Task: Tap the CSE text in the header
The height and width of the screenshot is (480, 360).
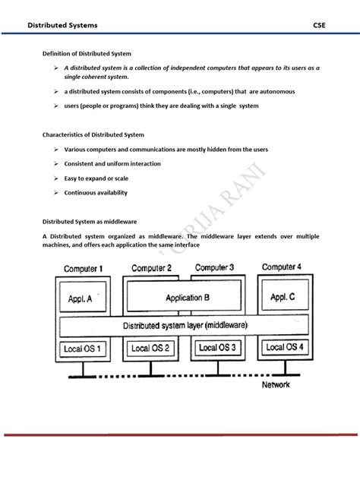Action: coord(319,25)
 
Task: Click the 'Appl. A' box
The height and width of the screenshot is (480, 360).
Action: coord(80,299)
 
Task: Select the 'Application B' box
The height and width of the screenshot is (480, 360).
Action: coord(182,298)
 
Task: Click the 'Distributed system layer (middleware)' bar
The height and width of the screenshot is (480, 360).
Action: coord(185,325)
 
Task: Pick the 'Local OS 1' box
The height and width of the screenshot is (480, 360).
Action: coord(81,349)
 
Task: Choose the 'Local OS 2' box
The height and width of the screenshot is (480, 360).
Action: coord(151,348)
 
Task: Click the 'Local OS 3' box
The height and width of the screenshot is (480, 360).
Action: coord(218,347)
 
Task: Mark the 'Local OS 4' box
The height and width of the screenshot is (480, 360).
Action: coord(286,347)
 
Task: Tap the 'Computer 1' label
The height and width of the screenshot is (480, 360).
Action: coord(84,270)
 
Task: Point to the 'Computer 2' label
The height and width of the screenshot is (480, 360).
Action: coord(151,268)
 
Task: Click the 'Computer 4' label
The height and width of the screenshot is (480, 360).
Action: coord(282,267)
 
